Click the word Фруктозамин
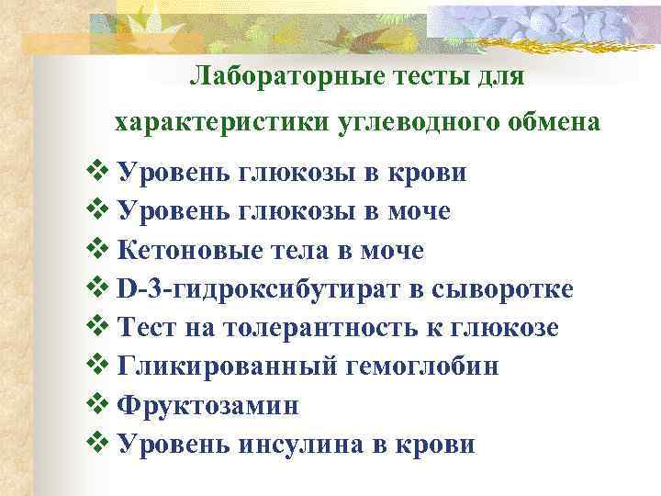(209, 405)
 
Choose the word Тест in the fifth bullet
(148, 328)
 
